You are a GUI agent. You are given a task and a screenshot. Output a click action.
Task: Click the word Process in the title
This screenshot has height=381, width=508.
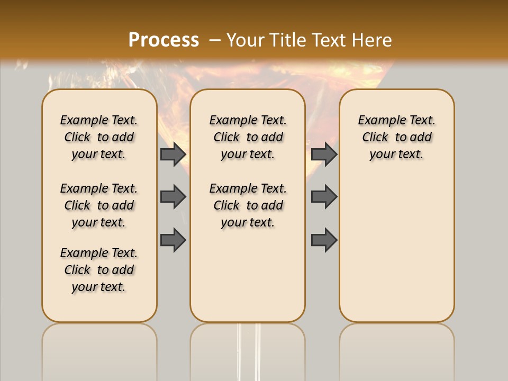(164, 40)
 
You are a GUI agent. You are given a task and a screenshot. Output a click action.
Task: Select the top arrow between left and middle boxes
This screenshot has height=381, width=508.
(173, 154)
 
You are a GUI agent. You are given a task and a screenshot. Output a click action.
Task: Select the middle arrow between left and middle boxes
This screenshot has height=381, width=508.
(173, 197)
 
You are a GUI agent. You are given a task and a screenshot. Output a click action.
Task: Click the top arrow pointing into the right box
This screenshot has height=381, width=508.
(324, 154)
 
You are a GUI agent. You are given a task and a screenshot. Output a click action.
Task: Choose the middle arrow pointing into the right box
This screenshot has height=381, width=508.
(324, 197)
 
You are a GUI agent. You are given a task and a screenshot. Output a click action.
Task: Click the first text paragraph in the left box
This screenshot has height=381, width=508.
(99, 137)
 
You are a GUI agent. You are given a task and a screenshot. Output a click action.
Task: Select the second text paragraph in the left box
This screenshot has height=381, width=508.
(99, 205)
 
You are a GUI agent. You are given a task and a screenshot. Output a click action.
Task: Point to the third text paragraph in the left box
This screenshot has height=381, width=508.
(99, 270)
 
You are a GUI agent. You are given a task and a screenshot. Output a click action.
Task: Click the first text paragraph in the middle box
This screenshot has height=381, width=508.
(248, 137)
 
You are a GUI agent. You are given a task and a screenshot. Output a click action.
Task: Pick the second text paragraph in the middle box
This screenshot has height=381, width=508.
(248, 205)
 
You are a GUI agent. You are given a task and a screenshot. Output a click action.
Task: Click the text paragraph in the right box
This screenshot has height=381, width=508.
(396, 137)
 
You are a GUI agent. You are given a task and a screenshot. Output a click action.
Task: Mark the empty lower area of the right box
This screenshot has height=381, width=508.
(396, 249)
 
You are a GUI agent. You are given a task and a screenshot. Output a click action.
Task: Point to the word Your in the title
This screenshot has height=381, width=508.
(246, 40)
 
